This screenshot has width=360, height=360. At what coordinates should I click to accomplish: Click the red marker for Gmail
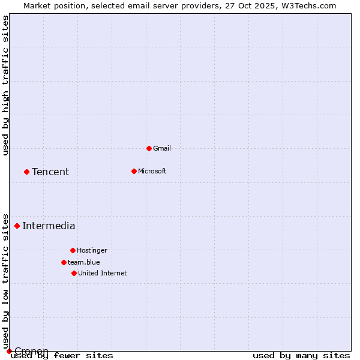[149, 148]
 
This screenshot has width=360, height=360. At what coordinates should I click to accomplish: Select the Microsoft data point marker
[134, 171]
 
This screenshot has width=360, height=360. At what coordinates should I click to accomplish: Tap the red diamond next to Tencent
[26, 172]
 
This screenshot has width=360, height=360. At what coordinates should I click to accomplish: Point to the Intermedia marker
[17, 226]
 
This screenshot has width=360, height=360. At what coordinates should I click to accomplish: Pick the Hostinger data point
[73, 250]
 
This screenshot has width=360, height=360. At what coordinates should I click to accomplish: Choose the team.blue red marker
[64, 262]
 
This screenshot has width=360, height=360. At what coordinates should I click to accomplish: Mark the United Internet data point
[74, 273]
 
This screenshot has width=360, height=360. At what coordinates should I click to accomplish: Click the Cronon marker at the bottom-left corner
[9, 351]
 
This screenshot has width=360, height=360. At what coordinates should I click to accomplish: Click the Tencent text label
[50, 172]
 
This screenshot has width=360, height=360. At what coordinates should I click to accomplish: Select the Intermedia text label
[49, 226]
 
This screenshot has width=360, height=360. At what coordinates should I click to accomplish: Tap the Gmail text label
[162, 149]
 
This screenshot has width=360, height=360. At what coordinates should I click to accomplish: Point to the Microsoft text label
[152, 172]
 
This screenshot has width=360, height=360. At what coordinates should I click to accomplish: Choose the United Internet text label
[103, 274]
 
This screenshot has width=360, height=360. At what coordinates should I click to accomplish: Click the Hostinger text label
[92, 251]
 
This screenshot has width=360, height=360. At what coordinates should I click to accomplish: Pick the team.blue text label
[84, 263]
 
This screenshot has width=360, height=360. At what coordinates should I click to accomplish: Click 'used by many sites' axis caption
[301, 356]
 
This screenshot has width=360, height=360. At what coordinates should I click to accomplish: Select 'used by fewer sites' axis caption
[62, 356]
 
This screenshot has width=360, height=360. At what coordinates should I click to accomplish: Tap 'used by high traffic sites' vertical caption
[6, 85]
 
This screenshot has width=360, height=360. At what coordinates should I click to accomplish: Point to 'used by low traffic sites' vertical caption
[6, 281]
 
